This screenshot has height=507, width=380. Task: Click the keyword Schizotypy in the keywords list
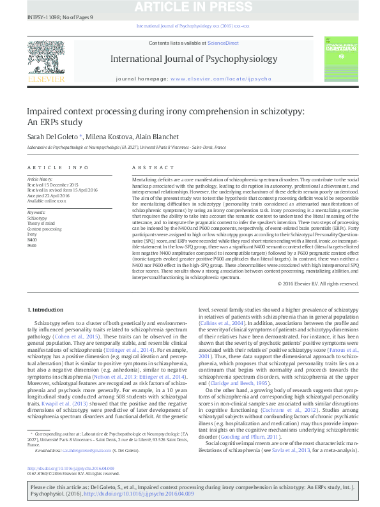[37, 218]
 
